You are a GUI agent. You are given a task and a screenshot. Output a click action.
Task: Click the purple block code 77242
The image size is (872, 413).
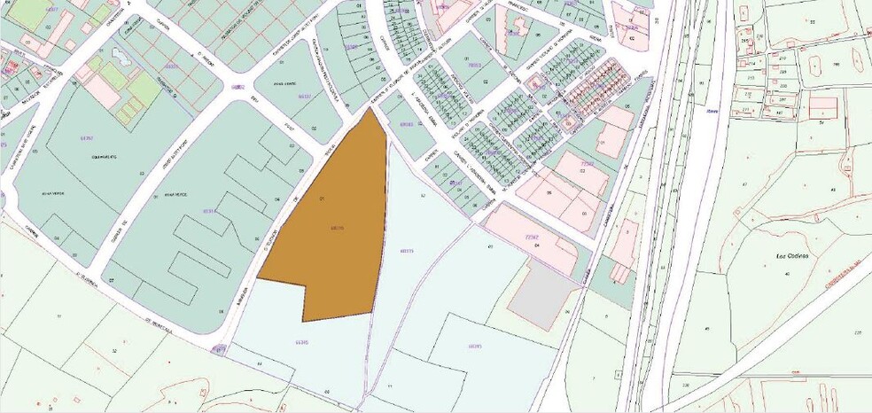(533, 237)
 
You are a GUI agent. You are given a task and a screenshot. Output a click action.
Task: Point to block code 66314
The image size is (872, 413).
(210, 211)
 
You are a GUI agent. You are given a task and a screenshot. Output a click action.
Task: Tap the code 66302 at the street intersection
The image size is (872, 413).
(237, 87)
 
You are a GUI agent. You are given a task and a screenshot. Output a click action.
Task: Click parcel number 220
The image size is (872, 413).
(858, 332)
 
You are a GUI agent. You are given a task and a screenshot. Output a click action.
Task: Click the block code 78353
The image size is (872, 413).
(474, 65)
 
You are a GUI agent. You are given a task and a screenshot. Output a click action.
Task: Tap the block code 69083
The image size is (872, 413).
(407, 125)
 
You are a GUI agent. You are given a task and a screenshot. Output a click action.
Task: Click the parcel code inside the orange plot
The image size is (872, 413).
(337, 228)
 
